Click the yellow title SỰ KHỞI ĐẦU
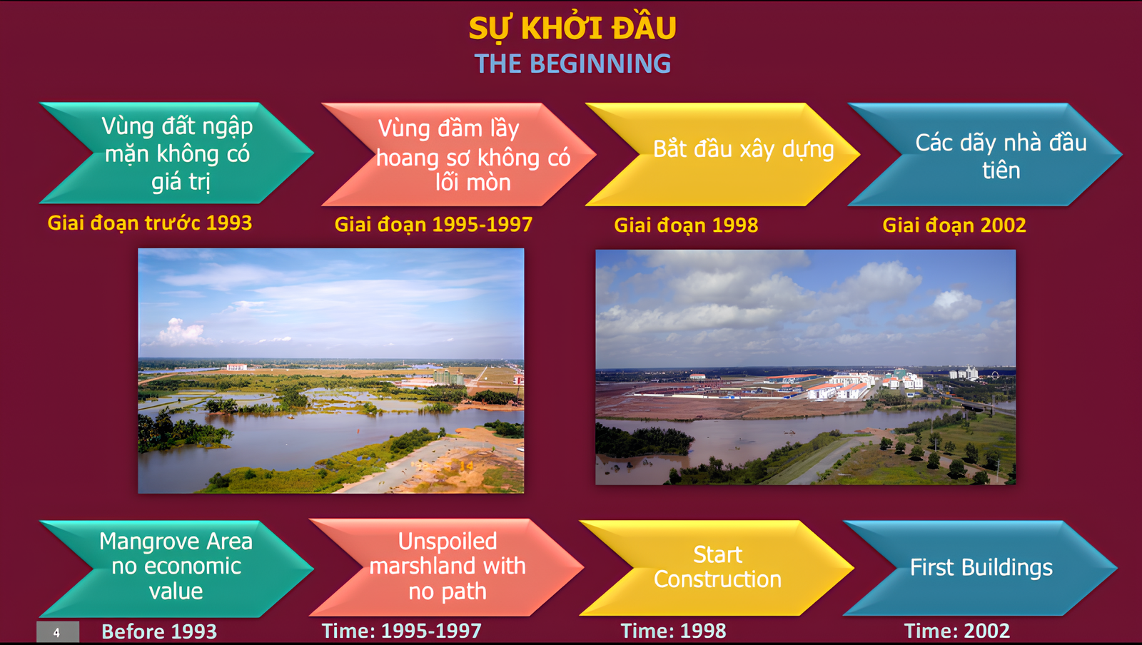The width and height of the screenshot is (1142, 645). tap(572, 28)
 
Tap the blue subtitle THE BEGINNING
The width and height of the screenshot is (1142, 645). tap(572, 64)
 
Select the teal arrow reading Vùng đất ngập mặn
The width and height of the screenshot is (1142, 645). tap(176, 153)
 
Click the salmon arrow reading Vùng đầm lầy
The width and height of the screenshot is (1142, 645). tap(459, 154)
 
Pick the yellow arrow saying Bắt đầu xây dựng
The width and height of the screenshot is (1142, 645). tap(723, 154)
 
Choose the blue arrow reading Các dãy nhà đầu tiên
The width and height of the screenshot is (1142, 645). tap(985, 154)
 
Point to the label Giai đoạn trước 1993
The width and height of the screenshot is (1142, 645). tap(150, 223)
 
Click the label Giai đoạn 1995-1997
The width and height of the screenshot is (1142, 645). tap(433, 225)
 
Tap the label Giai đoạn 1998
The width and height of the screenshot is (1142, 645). tap(686, 225)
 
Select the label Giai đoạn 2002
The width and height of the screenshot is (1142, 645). tap(954, 225)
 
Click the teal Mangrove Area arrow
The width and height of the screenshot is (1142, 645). tap(176, 569)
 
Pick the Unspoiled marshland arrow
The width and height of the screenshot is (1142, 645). tap(447, 567)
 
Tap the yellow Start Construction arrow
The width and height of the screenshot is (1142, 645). tap(717, 567)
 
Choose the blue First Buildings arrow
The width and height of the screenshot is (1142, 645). tap(981, 567)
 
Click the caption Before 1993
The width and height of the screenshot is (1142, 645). tap(159, 631)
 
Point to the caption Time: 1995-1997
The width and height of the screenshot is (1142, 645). tap(401, 631)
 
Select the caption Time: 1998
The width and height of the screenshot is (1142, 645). tap(673, 631)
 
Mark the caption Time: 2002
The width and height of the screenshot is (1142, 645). tap(956, 631)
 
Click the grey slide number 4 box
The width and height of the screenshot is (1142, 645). tap(58, 632)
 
